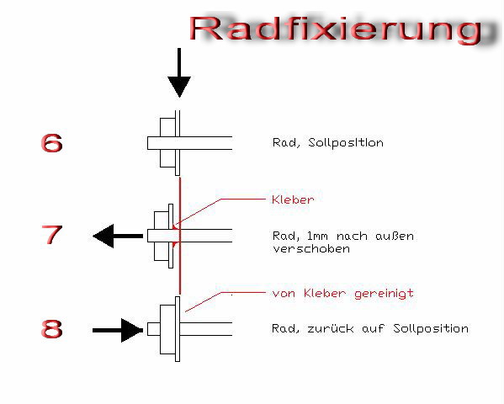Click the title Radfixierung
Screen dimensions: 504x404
click(x=336, y=29)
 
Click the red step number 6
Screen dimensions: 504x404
click(x=51, y=143)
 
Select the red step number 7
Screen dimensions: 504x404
click(x=51, y=235)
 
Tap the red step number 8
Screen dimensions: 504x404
click(x=51, y=328)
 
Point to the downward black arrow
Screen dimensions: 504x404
click(x=179, y=73)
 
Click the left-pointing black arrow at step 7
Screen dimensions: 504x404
click(x=118, y=237)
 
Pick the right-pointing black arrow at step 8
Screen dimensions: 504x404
click(x=118, y=330)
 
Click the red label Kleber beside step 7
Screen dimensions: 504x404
click(x=293, y=199)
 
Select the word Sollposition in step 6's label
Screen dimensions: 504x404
click(x=346, y=142)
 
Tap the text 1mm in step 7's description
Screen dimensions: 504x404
click(x=317, y=237)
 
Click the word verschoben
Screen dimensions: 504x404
click(x=311, y=248)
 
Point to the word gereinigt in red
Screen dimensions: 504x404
click(x=384, y=294)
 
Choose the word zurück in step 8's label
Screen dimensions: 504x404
click(x=331, y=328)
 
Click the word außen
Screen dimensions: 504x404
click(x=395, y=237)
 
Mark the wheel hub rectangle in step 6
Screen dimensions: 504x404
click(x=167, y=143)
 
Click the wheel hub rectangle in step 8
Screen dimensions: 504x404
click(x=167, y=329)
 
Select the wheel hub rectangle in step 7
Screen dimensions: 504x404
click(x=162, y=236)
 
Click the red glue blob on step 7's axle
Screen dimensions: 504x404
click(x=176, y=236)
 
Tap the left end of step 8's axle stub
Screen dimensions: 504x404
click(x=147, y=329)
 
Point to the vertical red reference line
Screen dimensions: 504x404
click(x=180, y=235)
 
